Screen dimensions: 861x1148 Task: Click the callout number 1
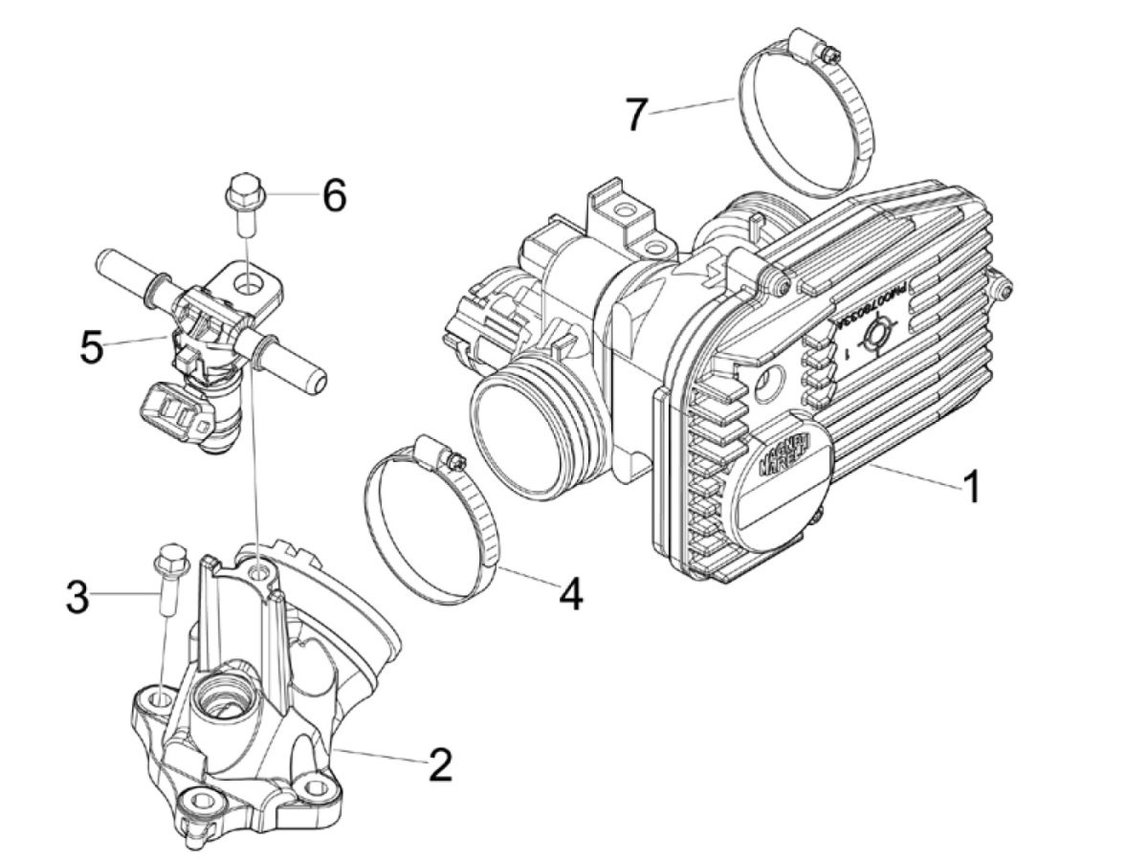click(x=970, y=486)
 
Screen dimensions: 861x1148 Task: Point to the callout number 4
click(x=569, y=593)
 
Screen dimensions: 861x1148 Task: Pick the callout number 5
click(x=91, y=346)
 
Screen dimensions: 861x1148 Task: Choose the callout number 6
click(x=333, y=196)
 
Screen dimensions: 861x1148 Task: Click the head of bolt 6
click(x=241, y=188)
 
